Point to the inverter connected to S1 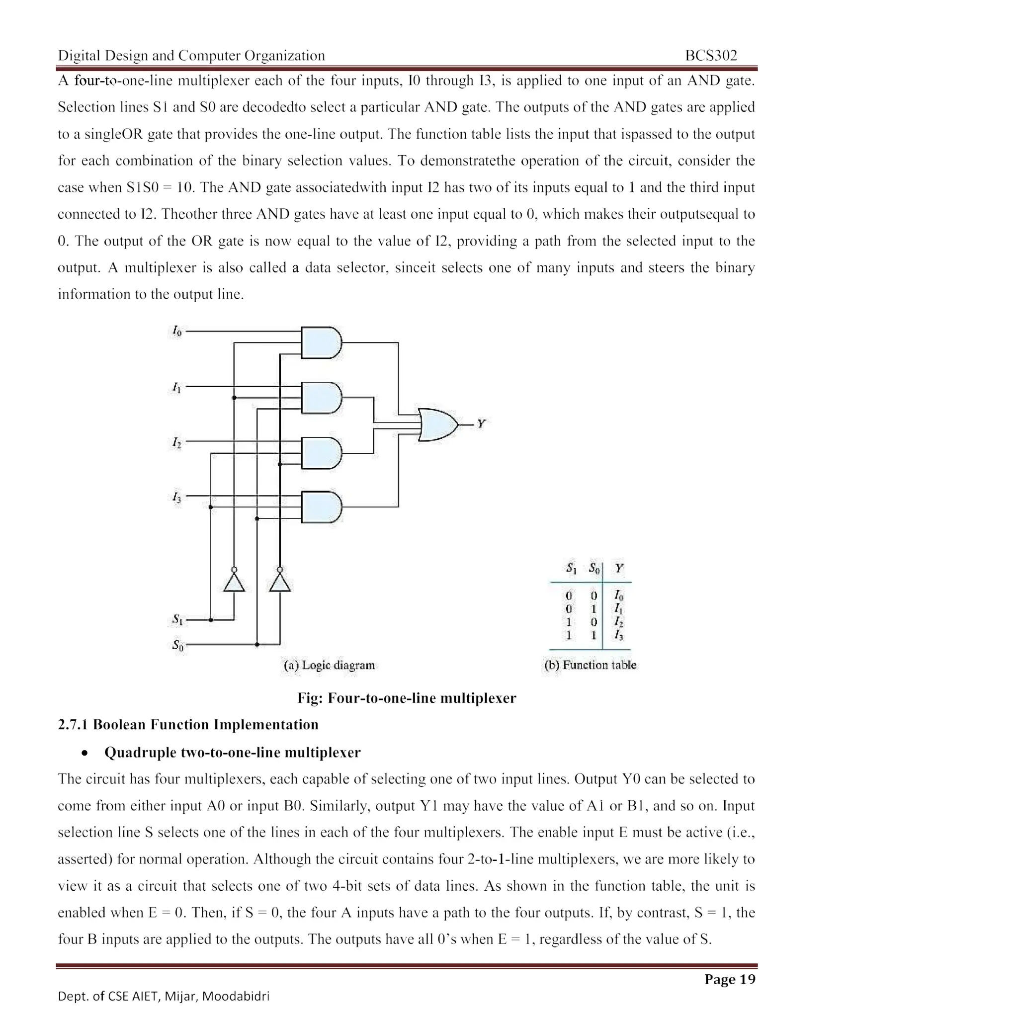point(234,582)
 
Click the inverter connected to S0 point(280,582)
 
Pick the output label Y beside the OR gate point(481,424)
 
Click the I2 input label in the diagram point(176,442)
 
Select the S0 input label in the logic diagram point(178,645)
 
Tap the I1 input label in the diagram point(176,387)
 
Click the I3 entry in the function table point(618,635)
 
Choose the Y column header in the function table point(619,568)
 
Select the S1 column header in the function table point(571,568)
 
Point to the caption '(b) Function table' point(590,665)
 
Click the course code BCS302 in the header point(711,55)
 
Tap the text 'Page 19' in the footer point(730,979)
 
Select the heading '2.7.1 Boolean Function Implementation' point(188,725)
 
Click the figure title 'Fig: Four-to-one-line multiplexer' point(407,698)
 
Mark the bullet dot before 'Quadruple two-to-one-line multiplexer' point(85,754)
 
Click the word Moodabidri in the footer point(236,996)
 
